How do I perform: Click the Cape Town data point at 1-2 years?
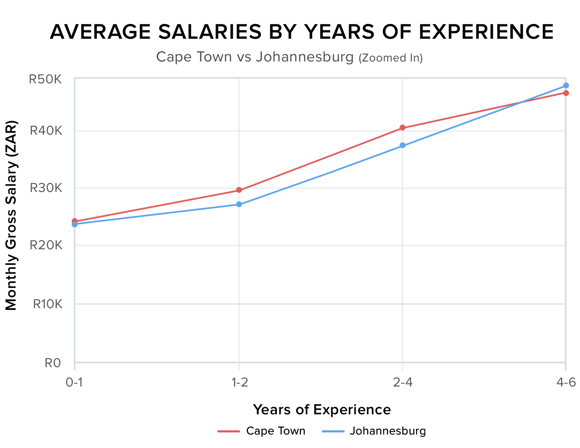[239, 190]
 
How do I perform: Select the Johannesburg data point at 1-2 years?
[239, 204]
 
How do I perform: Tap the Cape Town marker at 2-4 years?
[403, 128]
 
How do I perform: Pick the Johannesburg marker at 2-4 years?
[403, 145]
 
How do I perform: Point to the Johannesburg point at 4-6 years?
[566, 85]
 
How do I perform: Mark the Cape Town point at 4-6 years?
[566, 93]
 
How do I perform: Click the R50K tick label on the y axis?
[45, 79]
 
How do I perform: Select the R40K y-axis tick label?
[46, 131]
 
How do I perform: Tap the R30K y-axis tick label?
[46, 188]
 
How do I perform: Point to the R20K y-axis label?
[46, 245]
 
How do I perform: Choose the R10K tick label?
[47, 304]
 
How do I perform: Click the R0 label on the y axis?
[53, 363]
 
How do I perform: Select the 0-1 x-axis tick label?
[75, 382]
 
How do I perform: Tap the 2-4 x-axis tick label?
[403, 382]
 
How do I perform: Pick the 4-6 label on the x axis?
[566, 382]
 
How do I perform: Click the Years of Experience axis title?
[322, 409]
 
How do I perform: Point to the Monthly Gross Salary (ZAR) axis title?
[11, 216]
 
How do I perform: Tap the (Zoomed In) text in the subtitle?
[391, 58]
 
